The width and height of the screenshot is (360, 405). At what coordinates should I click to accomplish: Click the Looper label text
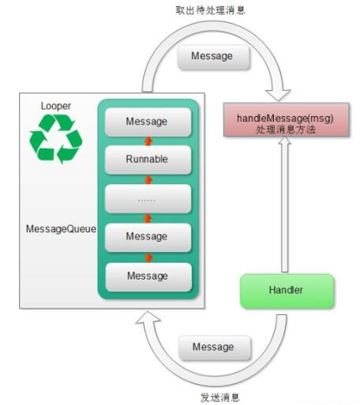[x=56, y=106]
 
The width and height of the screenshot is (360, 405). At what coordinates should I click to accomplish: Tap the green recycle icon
[x=56, y=139]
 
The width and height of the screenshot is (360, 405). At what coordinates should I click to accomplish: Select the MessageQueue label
[x=61, y=229]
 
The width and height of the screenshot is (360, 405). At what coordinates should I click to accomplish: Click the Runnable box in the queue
[x=148, y=159]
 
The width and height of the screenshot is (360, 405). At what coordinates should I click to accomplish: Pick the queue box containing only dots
[x=148, y=199]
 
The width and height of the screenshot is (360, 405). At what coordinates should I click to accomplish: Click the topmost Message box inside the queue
[x=148, y=122]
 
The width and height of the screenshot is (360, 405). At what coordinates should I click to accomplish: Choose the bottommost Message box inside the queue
[x=148, y=277]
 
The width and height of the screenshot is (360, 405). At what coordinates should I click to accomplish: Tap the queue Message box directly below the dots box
[x=148, y=238]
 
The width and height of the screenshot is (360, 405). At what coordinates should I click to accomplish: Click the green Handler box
[x=287, y=291]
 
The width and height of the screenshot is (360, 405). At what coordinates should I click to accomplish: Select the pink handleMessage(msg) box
[x=287, y=120]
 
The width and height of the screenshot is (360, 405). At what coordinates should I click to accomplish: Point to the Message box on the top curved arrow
[x=213, y=57]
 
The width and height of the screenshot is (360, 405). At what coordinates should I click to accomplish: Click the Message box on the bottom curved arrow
[x=215, y=348]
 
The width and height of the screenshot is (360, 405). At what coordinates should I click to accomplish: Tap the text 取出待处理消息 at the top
[x=211, y=10]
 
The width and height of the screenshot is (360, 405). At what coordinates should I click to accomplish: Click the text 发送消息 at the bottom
[x=220, y=397]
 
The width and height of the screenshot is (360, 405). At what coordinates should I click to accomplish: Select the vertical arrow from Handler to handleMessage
[x=285, y=204]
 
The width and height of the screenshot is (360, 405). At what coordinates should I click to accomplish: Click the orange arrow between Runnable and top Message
[x=148, y=141]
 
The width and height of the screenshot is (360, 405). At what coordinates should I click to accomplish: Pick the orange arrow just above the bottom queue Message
[x=148, y=258]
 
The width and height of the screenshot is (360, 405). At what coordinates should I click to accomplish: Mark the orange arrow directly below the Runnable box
[x=148, y=180]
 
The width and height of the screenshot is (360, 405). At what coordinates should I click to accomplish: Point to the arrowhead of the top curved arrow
[x=278, y=95]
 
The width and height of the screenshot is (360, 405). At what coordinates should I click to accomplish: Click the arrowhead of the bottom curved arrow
[x=148, y=318]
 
